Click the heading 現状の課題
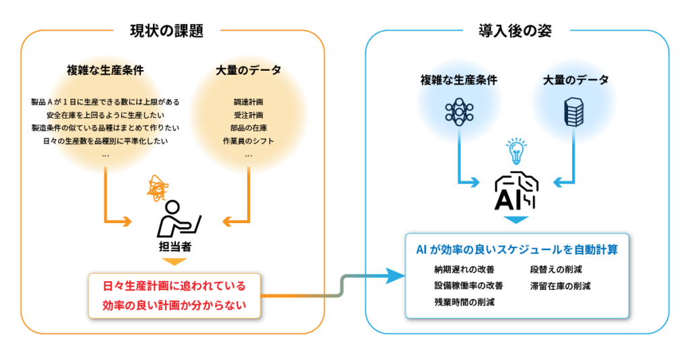(x=166, y=30)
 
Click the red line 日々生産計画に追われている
(x=174, y=286)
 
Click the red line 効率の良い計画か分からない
(x=174, y=305)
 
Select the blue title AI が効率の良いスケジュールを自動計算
(x=517, y=249)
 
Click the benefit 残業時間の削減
(x=464, y=302)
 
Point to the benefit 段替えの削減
(x=556, y=270)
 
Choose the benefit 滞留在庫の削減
(x=560, y=286)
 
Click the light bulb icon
(x=516, y=151)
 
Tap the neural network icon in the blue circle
(x=459, y=111)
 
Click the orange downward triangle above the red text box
(x=174, y=262)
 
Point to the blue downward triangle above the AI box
(x=516, y=220)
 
